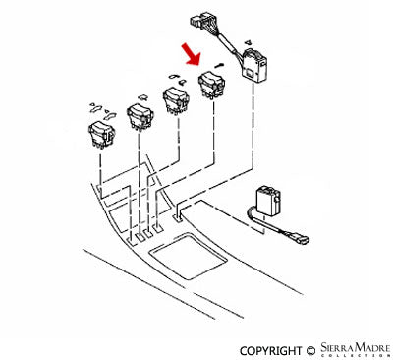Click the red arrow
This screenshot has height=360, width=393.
[192, 50]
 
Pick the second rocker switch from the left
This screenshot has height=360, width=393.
[140, 116]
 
